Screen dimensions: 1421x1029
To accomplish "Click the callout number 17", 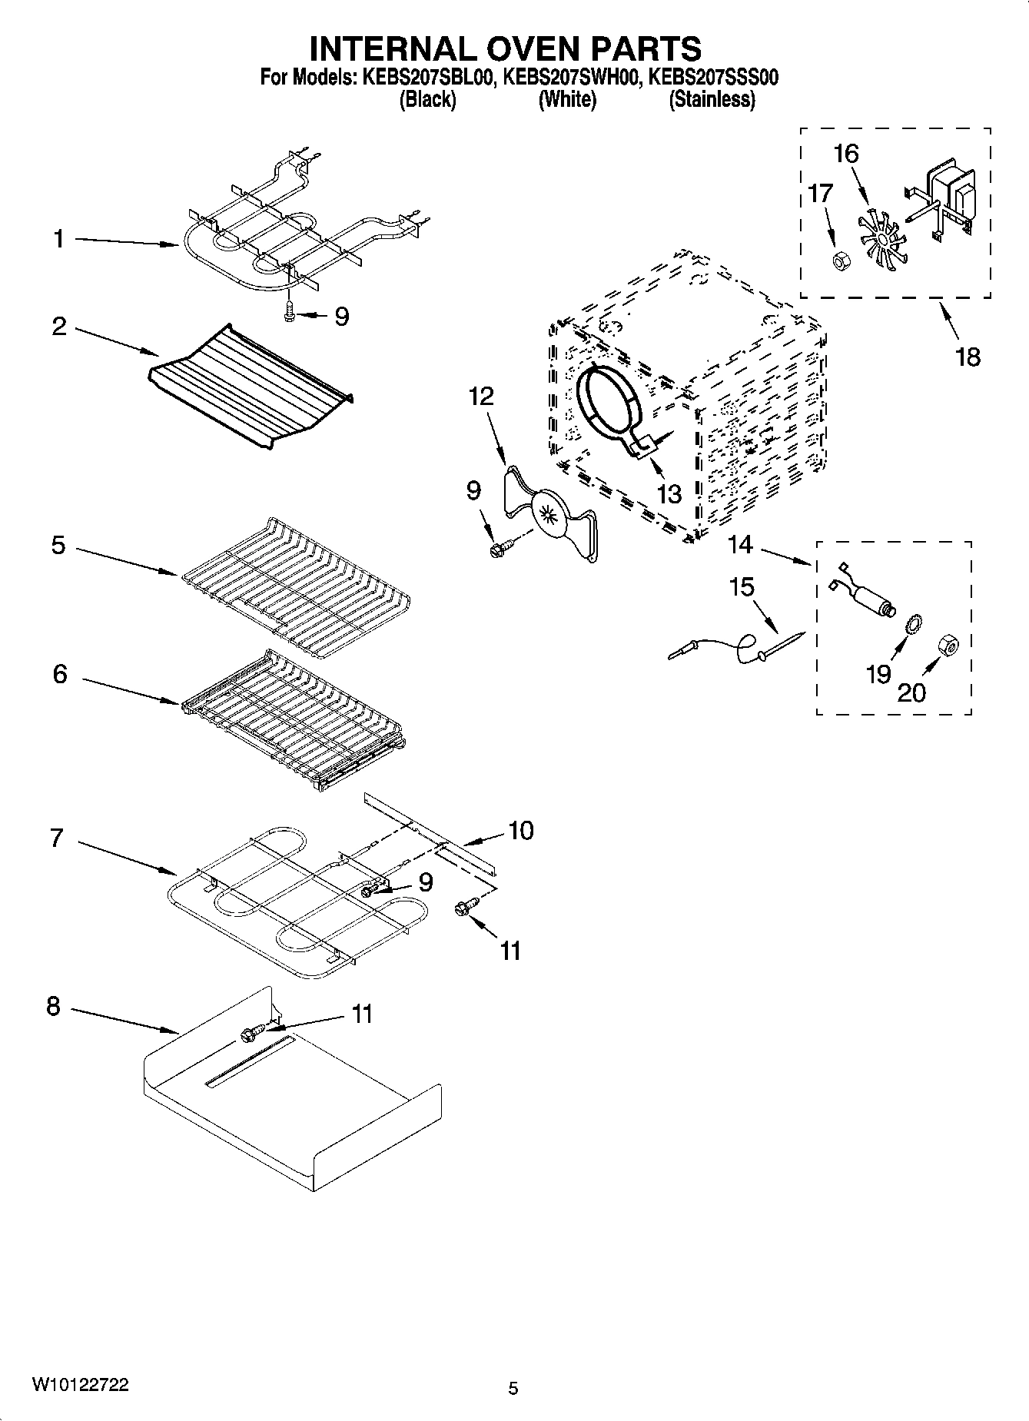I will coord(820,192).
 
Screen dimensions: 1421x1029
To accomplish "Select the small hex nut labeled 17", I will coord(840,261).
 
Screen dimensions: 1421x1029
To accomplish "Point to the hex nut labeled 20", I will coord(948,647).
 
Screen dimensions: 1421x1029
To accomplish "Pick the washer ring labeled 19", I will coord(915,625).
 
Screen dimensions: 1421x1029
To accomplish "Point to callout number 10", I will coord(521,830).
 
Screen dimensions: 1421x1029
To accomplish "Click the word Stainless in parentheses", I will coord(712,99).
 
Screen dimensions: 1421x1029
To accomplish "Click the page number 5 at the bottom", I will coord(513,1388).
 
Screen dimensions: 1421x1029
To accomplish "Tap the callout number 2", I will coord(59,327).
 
